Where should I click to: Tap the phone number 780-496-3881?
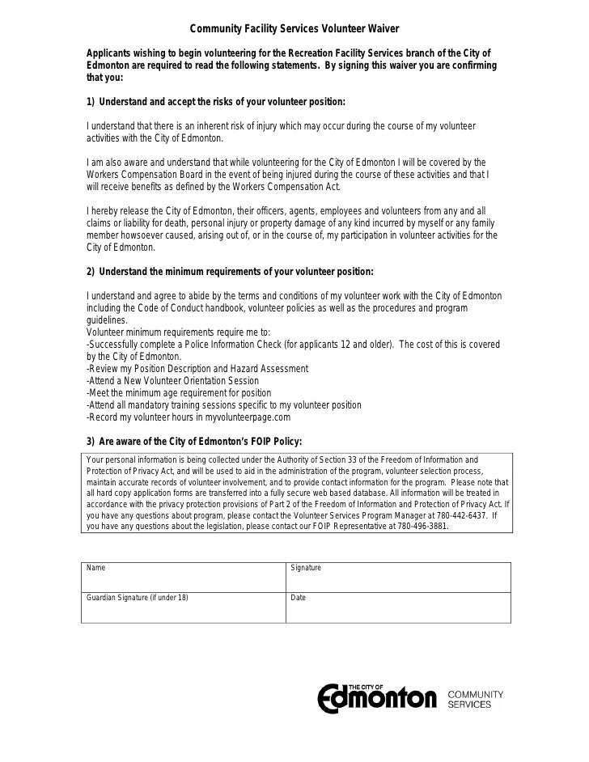[x=413, y=525]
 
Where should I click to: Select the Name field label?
[x=95, y=568]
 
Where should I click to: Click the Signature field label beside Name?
[x=306, y=568]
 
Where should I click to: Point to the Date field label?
[x=298, y=598]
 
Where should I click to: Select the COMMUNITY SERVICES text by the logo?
[x=475, y=700]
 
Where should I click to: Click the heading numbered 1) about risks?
[x=215, y=103]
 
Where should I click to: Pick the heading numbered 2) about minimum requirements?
[x=230, y=272]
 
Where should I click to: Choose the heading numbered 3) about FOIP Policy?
[x=193, y=441]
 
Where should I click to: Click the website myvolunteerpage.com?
[x=244, y=417]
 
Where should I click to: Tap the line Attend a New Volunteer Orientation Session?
[x=172, y=380]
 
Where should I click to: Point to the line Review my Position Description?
[x=197, y=368]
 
